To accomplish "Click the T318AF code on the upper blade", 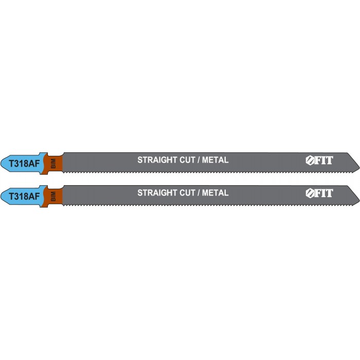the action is (24, 164).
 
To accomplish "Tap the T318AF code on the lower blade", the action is (24, 196).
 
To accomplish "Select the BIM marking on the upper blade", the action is (53, 164).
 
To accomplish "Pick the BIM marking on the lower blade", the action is (53, 196).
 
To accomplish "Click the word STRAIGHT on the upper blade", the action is (157, 160).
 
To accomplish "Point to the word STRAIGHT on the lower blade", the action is (157, 193).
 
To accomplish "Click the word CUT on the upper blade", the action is (187, 160).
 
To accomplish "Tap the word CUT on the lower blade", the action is (187, 193).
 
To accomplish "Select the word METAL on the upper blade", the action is (215, 160).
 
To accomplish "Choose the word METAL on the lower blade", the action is (215, 193).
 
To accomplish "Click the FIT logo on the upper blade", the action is (319, 160).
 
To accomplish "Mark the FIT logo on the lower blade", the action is (319, 193).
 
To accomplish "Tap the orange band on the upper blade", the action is (54, 163).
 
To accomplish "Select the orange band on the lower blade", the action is (54, 196).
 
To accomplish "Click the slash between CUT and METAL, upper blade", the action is (199, 160).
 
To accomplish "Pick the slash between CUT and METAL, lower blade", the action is (199, 193).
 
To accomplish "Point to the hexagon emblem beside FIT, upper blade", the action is (310, 160).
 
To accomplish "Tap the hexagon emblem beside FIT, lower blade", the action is (310, 193).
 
